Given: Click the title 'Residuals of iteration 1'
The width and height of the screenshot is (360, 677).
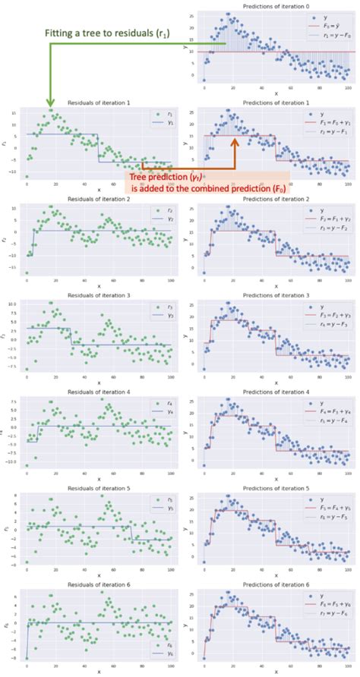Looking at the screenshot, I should coord(99,102).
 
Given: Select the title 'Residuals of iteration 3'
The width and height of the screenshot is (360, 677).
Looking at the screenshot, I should coord(99,295).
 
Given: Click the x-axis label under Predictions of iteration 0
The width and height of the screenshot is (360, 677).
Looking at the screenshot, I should coord(275,93).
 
